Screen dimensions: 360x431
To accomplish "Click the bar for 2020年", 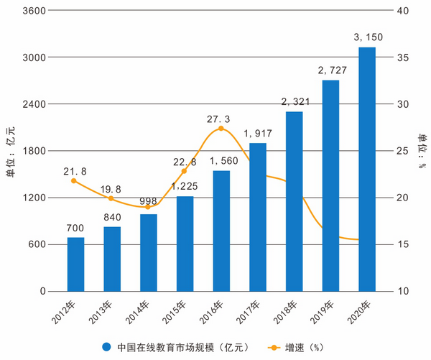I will click(x=366, y=169).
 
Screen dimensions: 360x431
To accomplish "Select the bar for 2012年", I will click(x=75, y=264).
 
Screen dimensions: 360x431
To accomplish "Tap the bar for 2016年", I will click(x=221, y=231).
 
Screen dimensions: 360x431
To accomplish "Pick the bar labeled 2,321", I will click(x=294, y=201).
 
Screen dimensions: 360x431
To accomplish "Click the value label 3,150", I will click(x=366, y=37).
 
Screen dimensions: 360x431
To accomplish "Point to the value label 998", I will click(x=149, y=200).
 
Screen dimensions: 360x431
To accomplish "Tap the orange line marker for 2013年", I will click(x=111, y=198).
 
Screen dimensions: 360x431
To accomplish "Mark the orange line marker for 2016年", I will click(x=221, y=129).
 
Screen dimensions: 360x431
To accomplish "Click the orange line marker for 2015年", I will click(x=185, y=171).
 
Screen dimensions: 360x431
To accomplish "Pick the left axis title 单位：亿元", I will click(x=11, y=151).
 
